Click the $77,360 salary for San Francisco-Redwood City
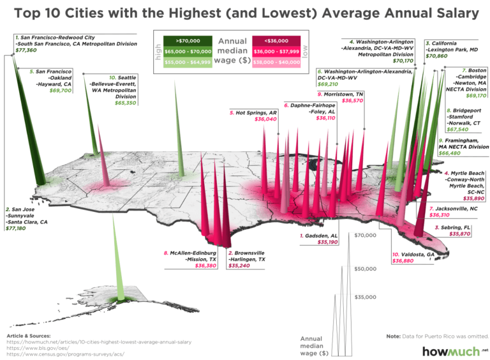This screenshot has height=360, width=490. pos(26,50)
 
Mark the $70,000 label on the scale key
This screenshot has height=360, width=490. pos(367,236)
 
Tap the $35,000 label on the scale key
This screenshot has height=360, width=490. pos(367,297)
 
